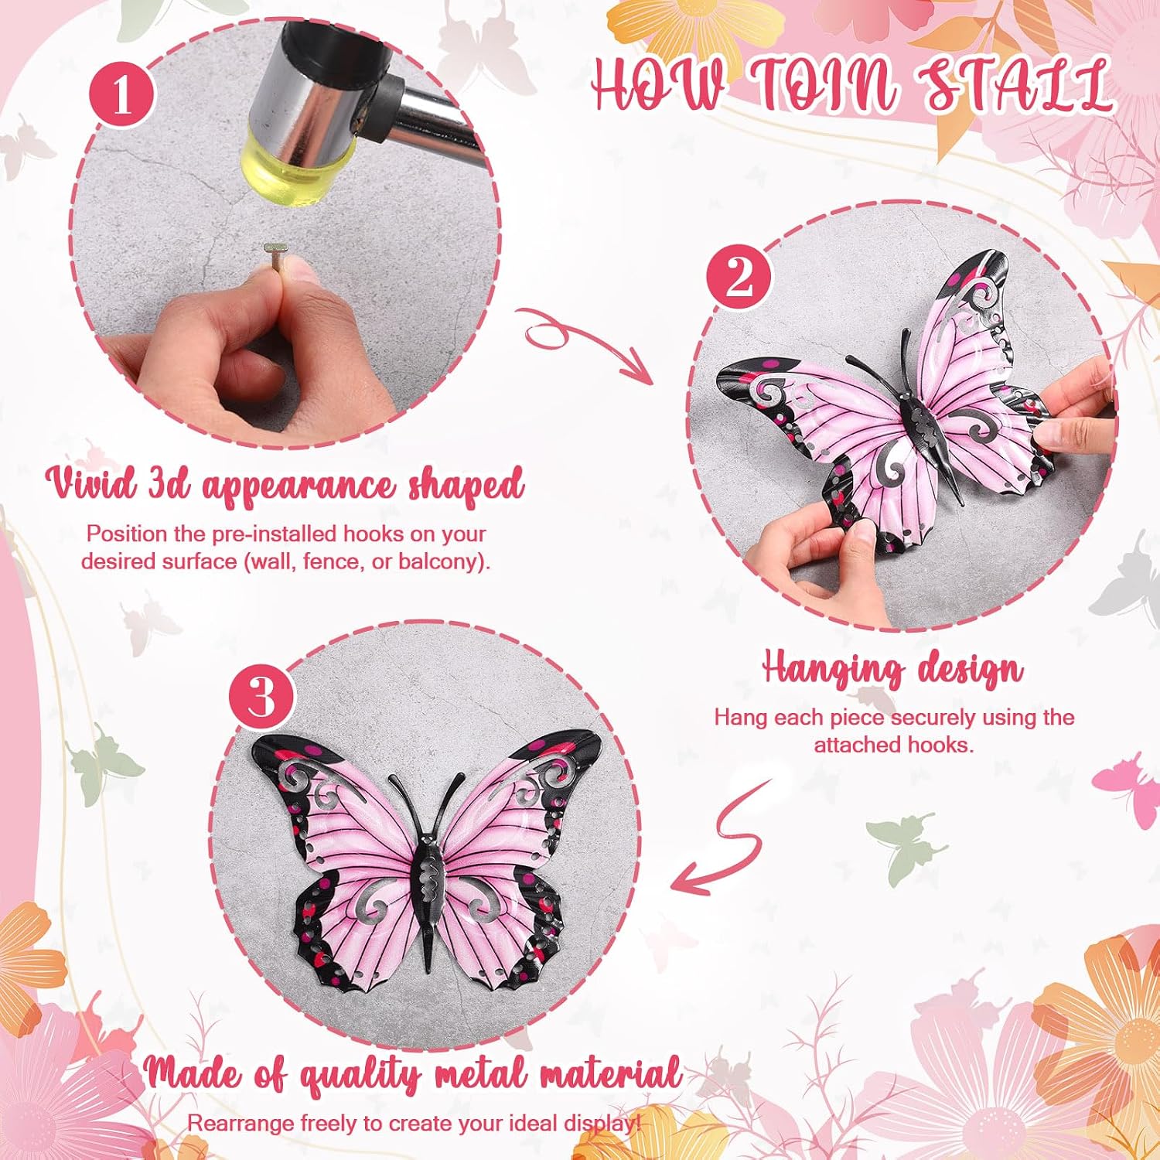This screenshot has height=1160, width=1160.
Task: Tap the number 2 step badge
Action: click(739, 275)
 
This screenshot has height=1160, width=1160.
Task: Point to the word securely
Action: click(932, 718)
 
